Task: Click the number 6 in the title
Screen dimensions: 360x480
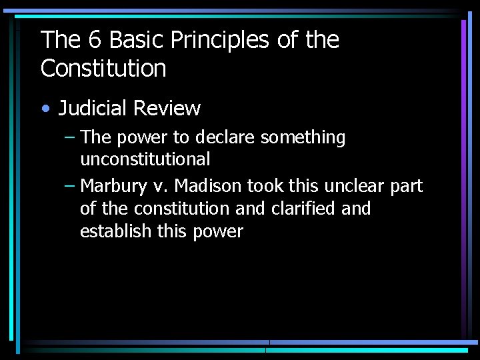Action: click(95, 41)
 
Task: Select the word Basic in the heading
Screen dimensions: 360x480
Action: click(137, 41)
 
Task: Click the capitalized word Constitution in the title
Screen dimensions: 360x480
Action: click(103, 69)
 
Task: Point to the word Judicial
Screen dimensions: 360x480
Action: click(93, 108)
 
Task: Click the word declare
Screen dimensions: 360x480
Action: click(224, 138)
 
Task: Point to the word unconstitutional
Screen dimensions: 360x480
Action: click(145, 159)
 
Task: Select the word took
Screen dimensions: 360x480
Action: click(266, 186)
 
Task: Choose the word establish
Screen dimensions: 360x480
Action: click(115, 231)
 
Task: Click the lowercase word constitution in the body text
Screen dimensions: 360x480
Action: click(183, 209)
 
